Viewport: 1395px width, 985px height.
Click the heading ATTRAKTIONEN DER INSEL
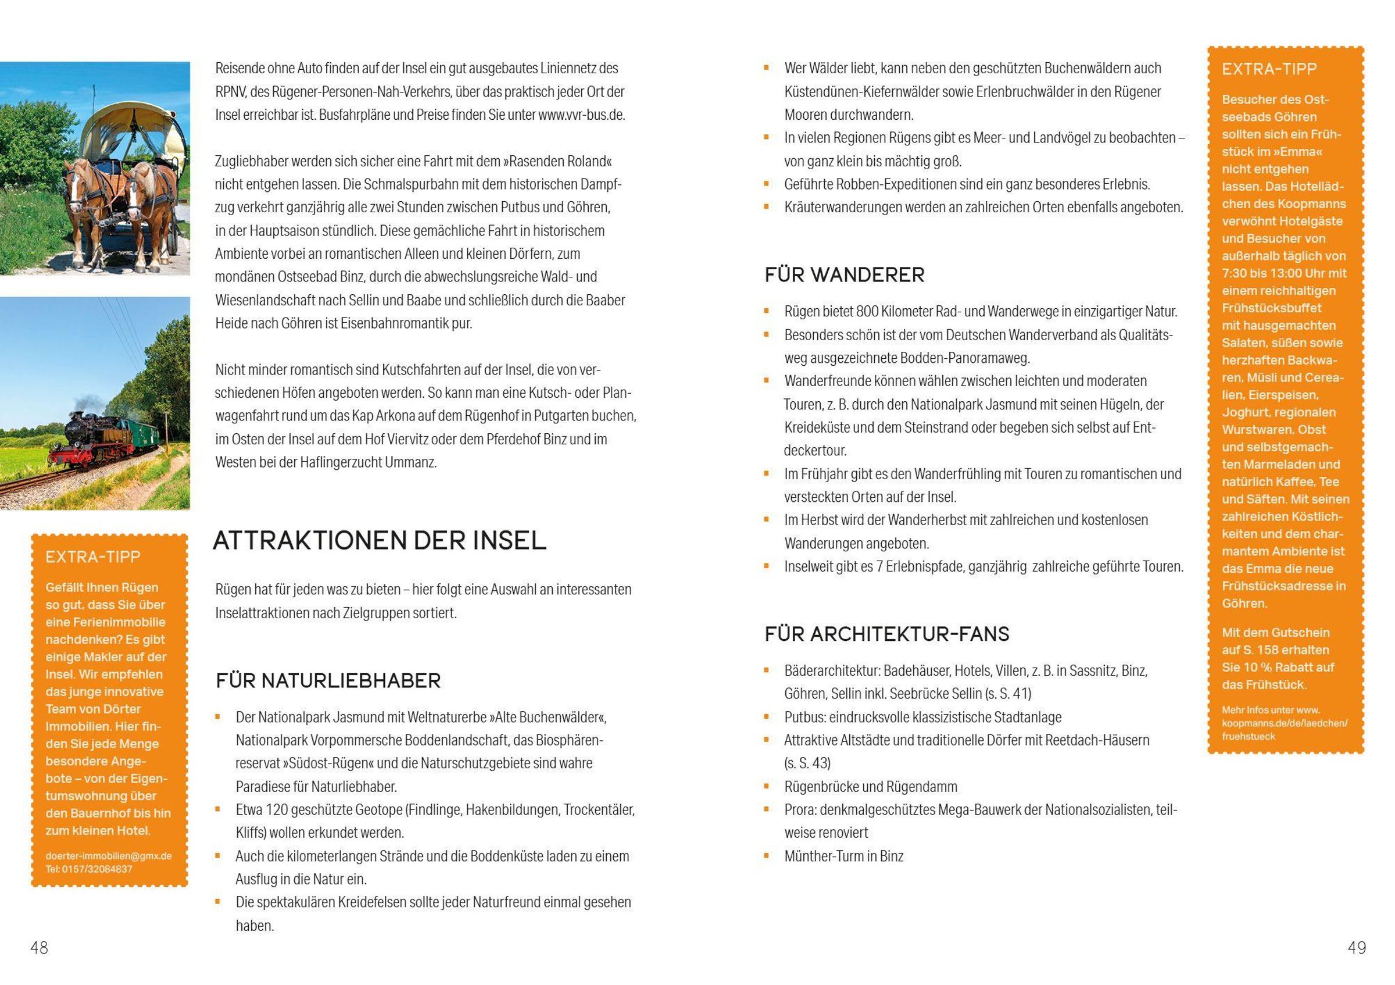(x=380, y=540)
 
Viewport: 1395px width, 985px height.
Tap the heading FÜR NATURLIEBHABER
(x=328, y=680)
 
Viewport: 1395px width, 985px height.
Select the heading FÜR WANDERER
(x=845, y=274)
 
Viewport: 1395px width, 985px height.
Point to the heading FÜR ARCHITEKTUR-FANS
(x=886, y=634)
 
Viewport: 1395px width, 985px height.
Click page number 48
(x=40, y=947)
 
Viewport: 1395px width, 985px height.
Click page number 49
(x=1356, y=947)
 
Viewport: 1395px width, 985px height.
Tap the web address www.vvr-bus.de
(x=581, y=115)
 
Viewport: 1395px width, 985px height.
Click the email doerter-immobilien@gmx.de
(x=108, y=855)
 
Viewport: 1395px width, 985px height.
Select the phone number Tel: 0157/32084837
(x=89, y=869)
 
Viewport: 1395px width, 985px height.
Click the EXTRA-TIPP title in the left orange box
(x=93, y=556)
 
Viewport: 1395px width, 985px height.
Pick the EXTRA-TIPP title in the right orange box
(x=1269, y=69)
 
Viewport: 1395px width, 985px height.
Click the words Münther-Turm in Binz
(x=843, y=856)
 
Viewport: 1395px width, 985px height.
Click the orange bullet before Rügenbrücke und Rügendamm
(x=767, y=786)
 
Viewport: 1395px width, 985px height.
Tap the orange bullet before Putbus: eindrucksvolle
(x=767, y=717)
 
